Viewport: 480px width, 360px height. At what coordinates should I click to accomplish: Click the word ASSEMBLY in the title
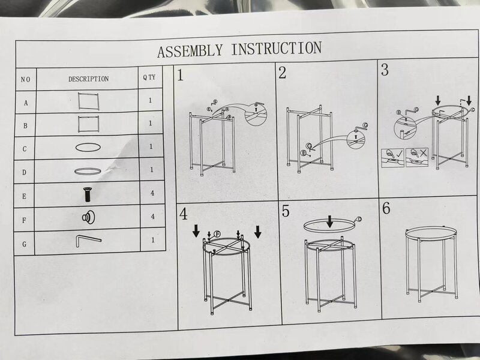190,50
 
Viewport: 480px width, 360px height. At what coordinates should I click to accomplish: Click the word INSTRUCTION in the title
277,49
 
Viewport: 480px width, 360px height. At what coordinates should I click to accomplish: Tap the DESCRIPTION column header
88,79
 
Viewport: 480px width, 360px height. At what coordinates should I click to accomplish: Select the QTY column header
149,77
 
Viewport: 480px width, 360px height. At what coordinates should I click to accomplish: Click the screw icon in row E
88,194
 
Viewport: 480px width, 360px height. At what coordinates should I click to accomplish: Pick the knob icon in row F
88,217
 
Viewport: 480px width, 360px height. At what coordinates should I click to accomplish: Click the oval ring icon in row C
88,147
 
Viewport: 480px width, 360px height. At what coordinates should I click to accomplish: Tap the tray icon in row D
88,172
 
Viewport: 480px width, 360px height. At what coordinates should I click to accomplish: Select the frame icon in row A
88,101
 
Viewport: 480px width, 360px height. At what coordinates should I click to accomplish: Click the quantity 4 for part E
152,193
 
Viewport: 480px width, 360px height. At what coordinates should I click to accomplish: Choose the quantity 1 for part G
153,240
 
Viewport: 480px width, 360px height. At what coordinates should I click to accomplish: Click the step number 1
181,76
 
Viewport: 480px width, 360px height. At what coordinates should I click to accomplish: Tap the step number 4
184,214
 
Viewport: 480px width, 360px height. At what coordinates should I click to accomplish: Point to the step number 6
386,208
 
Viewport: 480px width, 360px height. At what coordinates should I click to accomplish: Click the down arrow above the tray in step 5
329,221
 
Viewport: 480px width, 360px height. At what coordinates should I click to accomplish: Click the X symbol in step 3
424,152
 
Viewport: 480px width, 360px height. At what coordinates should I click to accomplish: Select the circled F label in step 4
217,234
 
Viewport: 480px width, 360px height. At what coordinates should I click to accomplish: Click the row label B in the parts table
25,126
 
